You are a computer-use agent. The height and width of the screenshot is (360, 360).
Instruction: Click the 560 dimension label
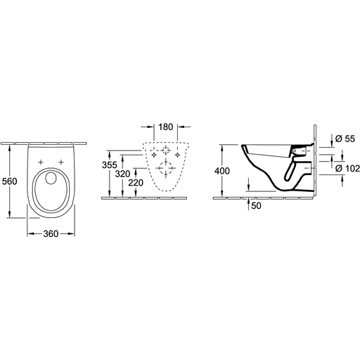point(10,181)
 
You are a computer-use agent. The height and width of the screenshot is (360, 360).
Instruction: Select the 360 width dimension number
point(51,233)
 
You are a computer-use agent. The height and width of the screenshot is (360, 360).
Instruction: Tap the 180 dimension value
point(166,127)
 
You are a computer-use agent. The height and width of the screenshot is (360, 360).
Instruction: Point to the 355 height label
point(110,165)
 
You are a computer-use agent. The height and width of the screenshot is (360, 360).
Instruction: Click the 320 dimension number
point(122,174)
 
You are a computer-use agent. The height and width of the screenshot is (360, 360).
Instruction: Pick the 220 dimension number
point(136,183)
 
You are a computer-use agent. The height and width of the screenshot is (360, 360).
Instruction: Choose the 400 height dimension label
point(222,171)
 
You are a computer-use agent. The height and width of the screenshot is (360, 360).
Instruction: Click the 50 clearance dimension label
point(256,205)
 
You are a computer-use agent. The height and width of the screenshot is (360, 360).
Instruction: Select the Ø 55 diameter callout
point(345,139)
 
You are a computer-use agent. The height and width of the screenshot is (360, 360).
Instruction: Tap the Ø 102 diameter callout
point(347,168)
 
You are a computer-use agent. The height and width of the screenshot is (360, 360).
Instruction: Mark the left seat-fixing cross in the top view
point(41,162)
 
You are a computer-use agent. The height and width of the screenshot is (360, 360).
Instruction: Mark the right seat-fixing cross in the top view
point(61,162)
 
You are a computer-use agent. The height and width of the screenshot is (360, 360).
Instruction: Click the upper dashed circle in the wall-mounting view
point(166,147)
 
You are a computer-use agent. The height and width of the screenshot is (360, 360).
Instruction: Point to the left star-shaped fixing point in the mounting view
point(154,155)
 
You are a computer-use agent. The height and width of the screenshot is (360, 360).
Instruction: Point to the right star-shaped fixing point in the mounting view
point(177,155)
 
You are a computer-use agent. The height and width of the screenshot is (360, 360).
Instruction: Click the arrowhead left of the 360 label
point(31,233)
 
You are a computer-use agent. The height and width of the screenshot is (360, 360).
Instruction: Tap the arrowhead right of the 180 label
point(181,127)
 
